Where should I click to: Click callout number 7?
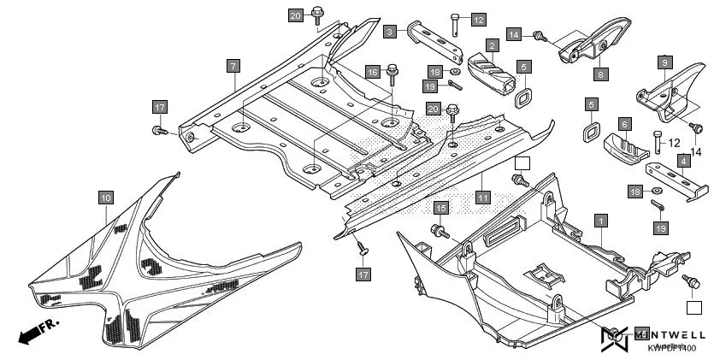click(x=233, y=65)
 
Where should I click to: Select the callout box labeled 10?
click(x=105, y=198)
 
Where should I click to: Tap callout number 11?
click(x=483, y=198)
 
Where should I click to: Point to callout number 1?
click(x=601, y=221)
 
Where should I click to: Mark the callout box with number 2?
click(x=493, y=44)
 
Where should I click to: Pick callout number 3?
click(x=390, y=32)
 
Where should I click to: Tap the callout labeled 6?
click(x=625, y=124)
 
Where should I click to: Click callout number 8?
click(x=601, y=74)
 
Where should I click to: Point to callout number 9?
click(x=665, y=62)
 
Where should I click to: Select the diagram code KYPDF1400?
click(x=671, y=348)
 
